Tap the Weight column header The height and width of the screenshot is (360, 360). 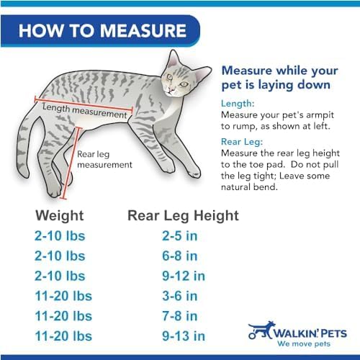59,215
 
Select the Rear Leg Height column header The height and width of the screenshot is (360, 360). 183,215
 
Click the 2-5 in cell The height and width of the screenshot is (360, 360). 180,235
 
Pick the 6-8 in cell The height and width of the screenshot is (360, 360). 180,256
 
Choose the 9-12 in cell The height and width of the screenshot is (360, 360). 183,276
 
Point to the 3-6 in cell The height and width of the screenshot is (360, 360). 180,296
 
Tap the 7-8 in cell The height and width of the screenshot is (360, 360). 180,316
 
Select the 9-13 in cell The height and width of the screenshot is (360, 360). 183,336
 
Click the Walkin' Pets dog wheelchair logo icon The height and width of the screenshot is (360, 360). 261,330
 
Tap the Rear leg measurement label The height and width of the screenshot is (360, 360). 104,159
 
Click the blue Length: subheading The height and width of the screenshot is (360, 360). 238,102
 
